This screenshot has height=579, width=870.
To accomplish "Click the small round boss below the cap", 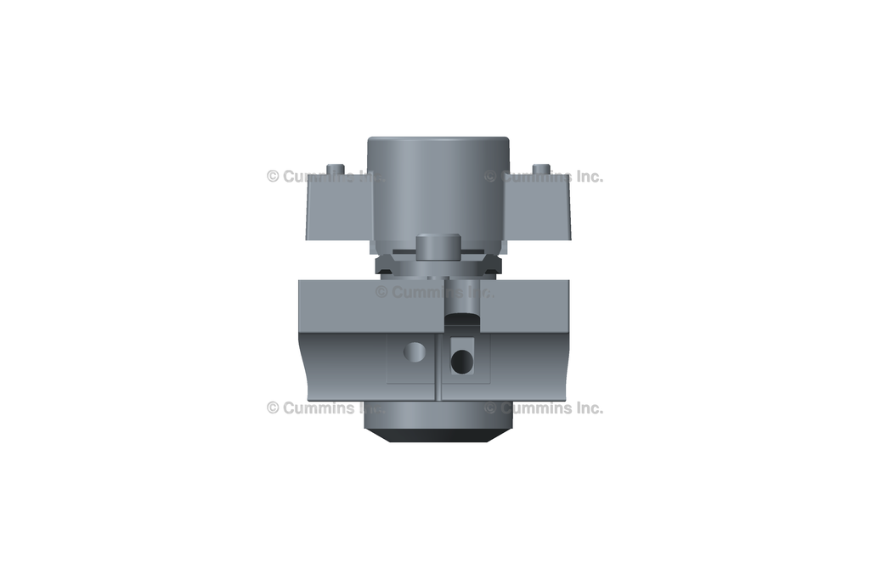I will coord(438,246).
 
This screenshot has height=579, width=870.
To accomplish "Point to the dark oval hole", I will coord(461,362).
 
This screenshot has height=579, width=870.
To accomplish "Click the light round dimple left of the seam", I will coord(414,351).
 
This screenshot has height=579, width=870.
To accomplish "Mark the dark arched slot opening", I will coord(461,318).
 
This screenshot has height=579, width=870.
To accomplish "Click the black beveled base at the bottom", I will coord(438,435).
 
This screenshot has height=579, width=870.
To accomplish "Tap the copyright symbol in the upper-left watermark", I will coord(273,177).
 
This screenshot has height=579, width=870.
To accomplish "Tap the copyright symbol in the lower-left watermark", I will coord(273,408).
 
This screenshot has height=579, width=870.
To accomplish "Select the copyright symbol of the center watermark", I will coord(381,292).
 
